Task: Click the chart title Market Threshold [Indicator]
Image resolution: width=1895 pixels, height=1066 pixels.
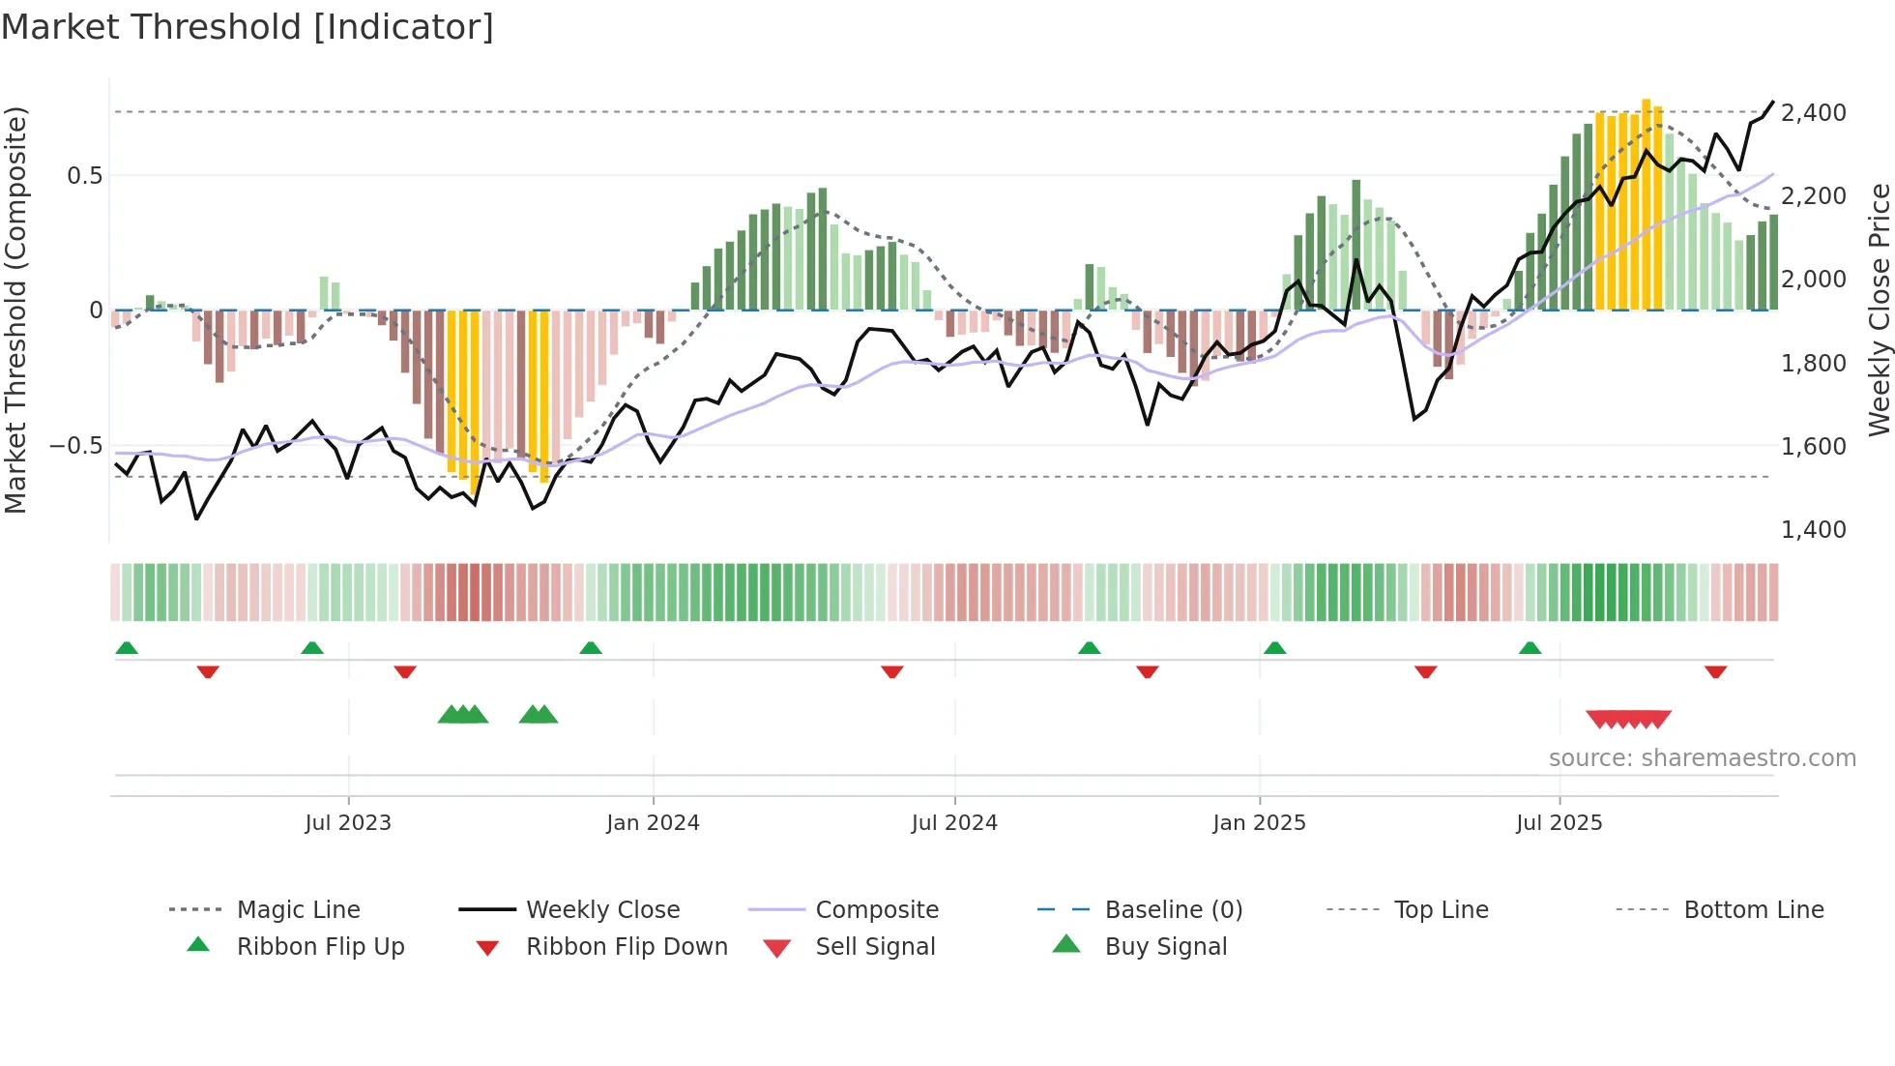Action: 248,27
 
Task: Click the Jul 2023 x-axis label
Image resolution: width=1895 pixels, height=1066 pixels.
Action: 348,822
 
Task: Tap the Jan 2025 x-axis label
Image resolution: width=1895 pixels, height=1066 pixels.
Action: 1259,822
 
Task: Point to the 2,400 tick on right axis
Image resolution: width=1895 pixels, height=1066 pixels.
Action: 1813,112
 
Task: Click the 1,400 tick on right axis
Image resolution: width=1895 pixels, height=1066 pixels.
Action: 1813,529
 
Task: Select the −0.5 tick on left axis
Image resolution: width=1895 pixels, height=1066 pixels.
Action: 75,445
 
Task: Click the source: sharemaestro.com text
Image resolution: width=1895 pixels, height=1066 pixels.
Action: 1702,757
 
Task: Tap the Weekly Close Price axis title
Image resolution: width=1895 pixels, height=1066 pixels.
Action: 1879,310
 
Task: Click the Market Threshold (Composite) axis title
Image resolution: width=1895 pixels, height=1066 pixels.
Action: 15,310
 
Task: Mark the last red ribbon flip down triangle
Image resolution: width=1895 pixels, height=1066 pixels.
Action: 1715,672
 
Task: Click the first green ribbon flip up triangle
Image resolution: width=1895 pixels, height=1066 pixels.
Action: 127,648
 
